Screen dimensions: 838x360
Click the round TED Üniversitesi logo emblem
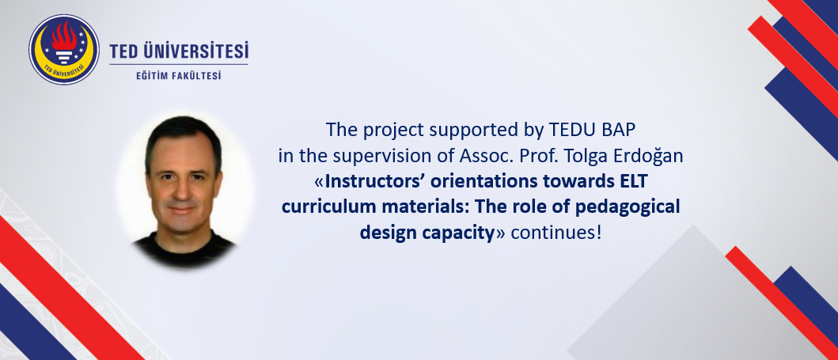tap(64, 49)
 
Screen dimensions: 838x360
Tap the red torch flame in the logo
tap(64, 36)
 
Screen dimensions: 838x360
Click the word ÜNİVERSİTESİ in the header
tap(195, 51)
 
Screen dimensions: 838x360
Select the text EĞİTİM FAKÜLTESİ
tap(179, 76)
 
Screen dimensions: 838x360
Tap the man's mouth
tap(182, 208)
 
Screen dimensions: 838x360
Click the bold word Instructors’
tap(367, 182)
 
